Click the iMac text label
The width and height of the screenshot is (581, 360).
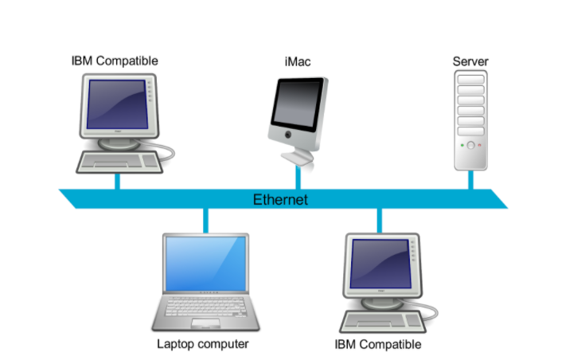tap(298, 61)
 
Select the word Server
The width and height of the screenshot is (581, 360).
tap(470, 61)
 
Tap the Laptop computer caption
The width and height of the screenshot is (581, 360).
tap(203, 344)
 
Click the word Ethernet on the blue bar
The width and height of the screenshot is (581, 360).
tap(280, 200)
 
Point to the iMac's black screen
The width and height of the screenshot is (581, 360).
tap(297, 104)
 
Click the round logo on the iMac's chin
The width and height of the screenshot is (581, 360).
tap(288, 135)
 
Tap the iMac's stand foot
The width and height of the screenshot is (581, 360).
tap(297, 157)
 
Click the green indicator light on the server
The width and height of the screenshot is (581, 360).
tap(462, 145)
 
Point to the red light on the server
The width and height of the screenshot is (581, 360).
tap(479, 145)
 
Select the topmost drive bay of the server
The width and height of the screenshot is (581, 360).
tap(470, 80)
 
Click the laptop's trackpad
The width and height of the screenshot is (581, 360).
tap(205, 323)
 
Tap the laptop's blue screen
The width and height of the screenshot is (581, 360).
tap(205, 264)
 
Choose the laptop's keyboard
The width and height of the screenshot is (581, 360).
tap(205, 307)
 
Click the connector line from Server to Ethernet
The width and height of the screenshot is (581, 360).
tap(470, 180)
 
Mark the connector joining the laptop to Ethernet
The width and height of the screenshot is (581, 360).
tap(205, 221)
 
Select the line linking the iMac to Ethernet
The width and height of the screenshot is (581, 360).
tap(298, 178)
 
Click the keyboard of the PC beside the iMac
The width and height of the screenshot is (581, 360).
tap(119, 162)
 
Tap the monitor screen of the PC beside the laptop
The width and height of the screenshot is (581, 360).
tap(381, 264)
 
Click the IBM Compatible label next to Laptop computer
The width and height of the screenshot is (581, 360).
tap(377, 344)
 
